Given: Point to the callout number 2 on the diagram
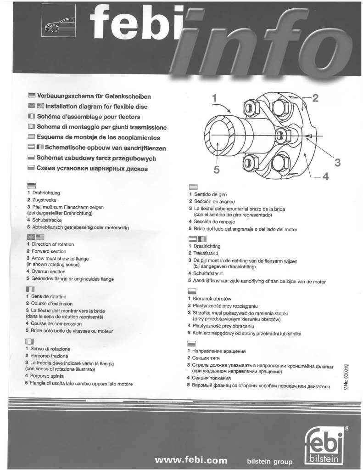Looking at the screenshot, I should coord(315,97).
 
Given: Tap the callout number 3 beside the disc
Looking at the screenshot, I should coord(337,162).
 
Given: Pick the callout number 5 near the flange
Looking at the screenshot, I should coord(217,170).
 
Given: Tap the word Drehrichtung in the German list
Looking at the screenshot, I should coord(46,193).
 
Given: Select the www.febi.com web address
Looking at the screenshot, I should coord(191,447).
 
